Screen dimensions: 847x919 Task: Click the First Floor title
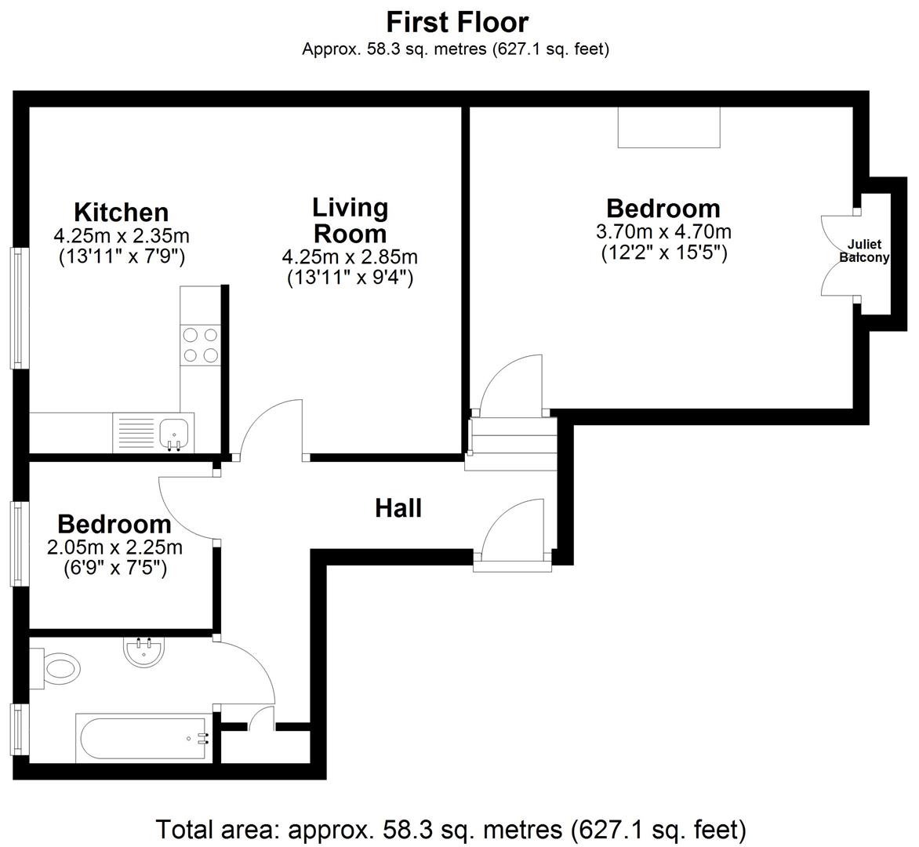tap(458, 21)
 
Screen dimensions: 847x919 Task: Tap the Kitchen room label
tap(121, 212)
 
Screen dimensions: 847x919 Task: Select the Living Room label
tap(350, 220)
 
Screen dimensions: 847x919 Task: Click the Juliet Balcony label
tap(864, 251)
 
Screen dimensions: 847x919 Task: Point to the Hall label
tap(398, 508)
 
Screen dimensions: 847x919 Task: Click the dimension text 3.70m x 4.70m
tap(663, 232)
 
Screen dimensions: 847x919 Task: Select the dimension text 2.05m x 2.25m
tap(114, 547)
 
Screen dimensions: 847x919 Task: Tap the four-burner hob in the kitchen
tap(200, 345)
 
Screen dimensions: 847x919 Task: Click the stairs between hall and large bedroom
tap(510, 444)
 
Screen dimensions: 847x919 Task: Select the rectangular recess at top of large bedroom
tap(668, 127)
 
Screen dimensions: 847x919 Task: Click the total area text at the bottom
tap(450, 828)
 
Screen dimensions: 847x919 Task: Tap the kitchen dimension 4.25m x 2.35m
tap(121, 235)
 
